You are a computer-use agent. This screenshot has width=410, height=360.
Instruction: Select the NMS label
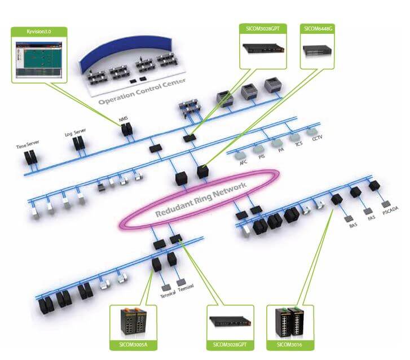pos(124,120)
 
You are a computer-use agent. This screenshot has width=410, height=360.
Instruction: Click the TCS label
pos(297,144)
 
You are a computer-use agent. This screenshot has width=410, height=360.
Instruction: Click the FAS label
pos(371,217)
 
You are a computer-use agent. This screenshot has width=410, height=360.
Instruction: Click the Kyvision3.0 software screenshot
pos(38,58)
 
